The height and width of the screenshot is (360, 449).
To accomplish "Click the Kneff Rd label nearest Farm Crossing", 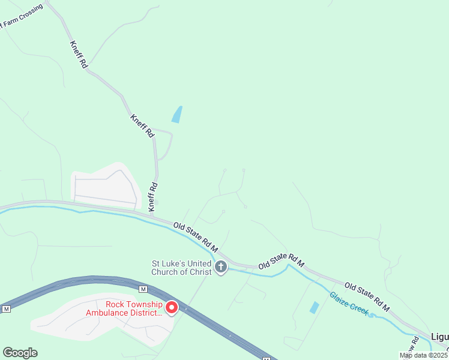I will point(79,54).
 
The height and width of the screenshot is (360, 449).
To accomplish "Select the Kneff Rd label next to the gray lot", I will point(153,196).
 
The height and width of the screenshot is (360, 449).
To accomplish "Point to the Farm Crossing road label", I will point(22,17).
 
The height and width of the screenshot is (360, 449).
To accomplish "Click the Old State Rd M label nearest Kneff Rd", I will point(195,237).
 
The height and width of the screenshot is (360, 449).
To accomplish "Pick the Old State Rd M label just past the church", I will point(282,261).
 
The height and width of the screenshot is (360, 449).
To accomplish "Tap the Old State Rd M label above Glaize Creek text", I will point(367,297).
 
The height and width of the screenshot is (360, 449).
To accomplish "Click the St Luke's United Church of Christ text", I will point(181,268).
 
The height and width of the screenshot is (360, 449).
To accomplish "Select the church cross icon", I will point(221,266).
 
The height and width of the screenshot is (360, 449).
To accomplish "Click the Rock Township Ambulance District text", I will point(124,308).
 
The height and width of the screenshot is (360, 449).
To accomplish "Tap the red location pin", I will point(172,307).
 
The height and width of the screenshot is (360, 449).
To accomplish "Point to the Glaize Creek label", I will point(349,304).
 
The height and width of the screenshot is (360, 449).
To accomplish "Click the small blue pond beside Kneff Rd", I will point(177,114).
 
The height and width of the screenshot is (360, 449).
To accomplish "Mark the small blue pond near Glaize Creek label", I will point(314,307).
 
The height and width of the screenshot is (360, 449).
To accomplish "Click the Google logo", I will point(20,353).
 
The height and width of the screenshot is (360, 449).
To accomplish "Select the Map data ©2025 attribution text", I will point(424,355).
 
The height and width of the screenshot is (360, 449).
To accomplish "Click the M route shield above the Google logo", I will point(7,309).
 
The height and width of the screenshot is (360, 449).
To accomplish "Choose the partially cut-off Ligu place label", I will point(439,337).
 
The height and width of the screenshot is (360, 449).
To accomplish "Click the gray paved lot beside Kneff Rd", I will point(105,185).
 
